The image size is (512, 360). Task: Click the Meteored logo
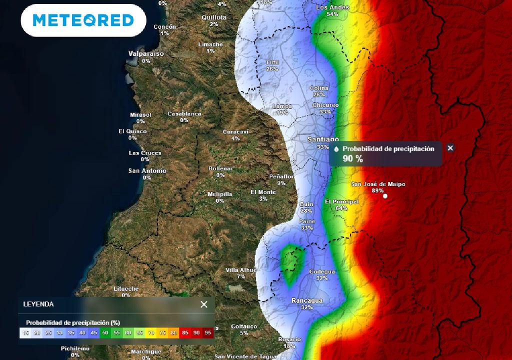(83, 20)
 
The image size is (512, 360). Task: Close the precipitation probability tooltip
(450, 148)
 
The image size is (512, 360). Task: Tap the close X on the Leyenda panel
(204, 304)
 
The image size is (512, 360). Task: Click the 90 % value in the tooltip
(352, 159)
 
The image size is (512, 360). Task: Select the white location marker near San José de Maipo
(385, 196)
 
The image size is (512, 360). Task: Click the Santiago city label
(323, 139)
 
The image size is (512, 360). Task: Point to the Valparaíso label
(146, 53)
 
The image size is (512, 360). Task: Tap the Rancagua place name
(307, 300)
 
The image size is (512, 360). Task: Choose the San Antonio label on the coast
(147, 170)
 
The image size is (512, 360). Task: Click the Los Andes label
(332, 7)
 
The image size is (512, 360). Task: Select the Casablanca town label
(184, 113)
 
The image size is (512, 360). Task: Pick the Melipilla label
(220, 194)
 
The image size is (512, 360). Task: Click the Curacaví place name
(235, 131)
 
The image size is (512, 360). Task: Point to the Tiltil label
(272, 62)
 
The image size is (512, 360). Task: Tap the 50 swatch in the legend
(105, 332)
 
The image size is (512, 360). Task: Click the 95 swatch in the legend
(208, 332)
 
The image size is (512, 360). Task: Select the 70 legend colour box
(151, 332)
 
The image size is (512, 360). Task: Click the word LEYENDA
(38, 304)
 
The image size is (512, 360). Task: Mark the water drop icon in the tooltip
(336, 149)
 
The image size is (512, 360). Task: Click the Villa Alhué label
(241, 269)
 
